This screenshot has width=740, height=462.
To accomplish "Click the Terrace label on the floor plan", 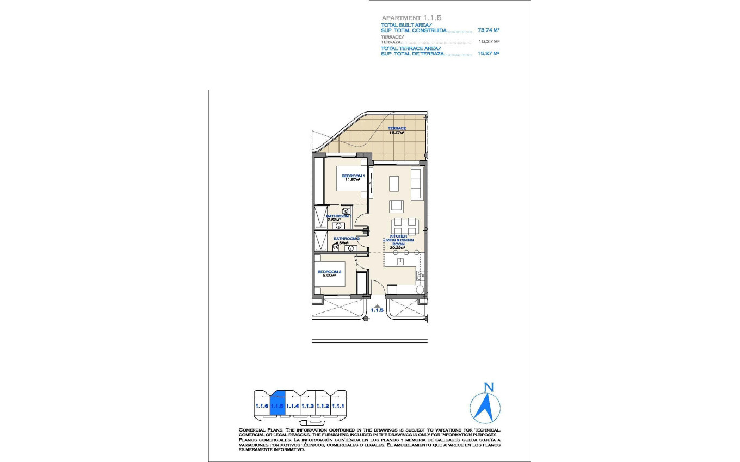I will click(x=397, y=129).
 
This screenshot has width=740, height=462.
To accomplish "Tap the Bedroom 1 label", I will click(x=353, y=176).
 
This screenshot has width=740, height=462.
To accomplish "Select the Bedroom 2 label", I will click(x=329, y=272).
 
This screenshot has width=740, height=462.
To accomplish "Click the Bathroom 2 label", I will click(x=347, y=239).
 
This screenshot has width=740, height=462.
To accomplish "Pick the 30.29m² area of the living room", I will click(x=398, y=248).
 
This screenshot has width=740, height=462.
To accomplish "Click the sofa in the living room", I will click(x=416, y=184).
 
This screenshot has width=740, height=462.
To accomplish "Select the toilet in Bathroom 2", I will click(x=336, y=247).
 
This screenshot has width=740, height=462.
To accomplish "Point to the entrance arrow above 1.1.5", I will click(x=377, y=306).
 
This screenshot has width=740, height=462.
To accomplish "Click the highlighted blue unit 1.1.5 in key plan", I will click(x=277, y=405).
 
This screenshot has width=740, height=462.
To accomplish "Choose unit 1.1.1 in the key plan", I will click(x=339, y=405).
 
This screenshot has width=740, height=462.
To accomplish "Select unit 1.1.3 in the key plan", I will click(x=308, y=405).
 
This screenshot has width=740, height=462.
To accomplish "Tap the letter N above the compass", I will click(x=489, y=388).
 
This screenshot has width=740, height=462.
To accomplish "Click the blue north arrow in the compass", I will click(x=484, y=408).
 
